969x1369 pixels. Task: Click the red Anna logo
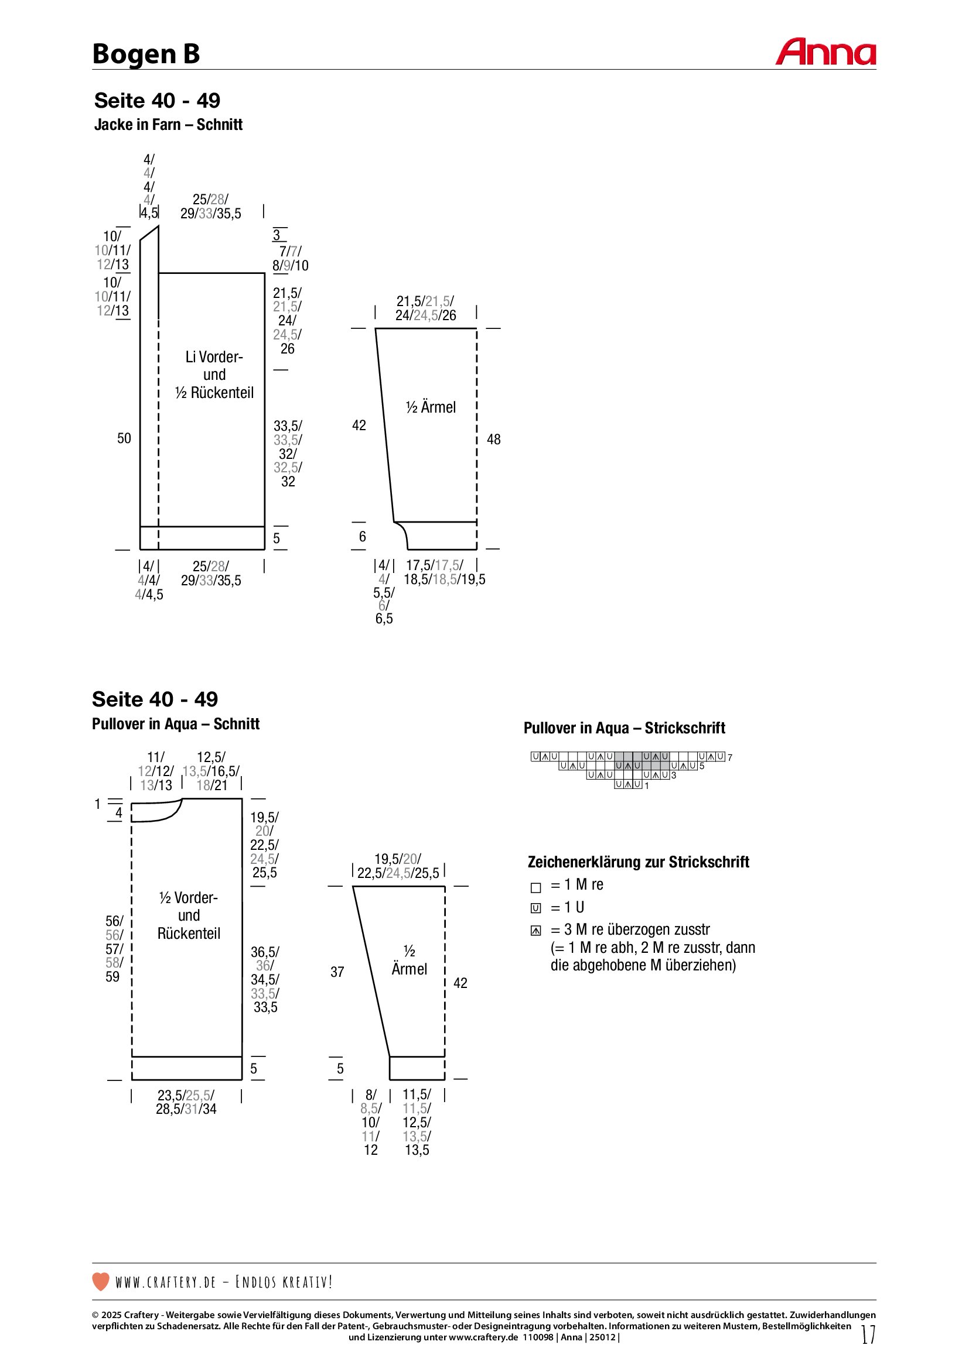[x=825, y=53]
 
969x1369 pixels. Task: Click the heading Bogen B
[x=146, y=54]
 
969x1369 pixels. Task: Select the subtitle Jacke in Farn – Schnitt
[x=168, y=125]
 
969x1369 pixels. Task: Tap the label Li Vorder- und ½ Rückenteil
[x=214, y=375]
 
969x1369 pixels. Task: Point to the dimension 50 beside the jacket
[x=124, y=438]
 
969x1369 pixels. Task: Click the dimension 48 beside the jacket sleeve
[x=493, y=440]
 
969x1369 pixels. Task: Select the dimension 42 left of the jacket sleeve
[x=359, y=425]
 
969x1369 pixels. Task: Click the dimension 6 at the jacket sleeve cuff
[x=362, y=537]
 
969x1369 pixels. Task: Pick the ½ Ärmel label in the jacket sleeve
[x=430, y=407]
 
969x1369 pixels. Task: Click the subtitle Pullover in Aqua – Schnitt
[x=175, y=724]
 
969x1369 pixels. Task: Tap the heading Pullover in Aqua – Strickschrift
[x=624, y=728]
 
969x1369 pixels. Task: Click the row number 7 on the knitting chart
[x=730, y=758]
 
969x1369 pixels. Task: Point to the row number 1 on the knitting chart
[x=647, y=786]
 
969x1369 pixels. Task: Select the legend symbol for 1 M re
[x=536, y=888]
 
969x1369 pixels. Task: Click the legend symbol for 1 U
[x=536, y=909]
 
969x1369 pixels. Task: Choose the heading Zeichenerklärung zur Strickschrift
[x=638, y=862]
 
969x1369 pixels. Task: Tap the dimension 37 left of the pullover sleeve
[x=337, y=972]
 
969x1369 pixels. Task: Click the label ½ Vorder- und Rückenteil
[x=189, y=915]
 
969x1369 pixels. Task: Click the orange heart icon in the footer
[x=101, y=1281]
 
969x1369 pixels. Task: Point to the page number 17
[x=868, y=1334]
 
